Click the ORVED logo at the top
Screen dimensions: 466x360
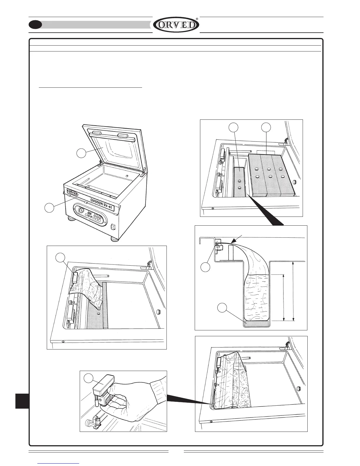point(176,25)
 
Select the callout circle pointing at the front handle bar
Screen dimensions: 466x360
point(49,207)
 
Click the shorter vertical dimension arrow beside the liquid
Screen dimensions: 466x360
point(283,297)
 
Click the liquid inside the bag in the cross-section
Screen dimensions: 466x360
point(256,297)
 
